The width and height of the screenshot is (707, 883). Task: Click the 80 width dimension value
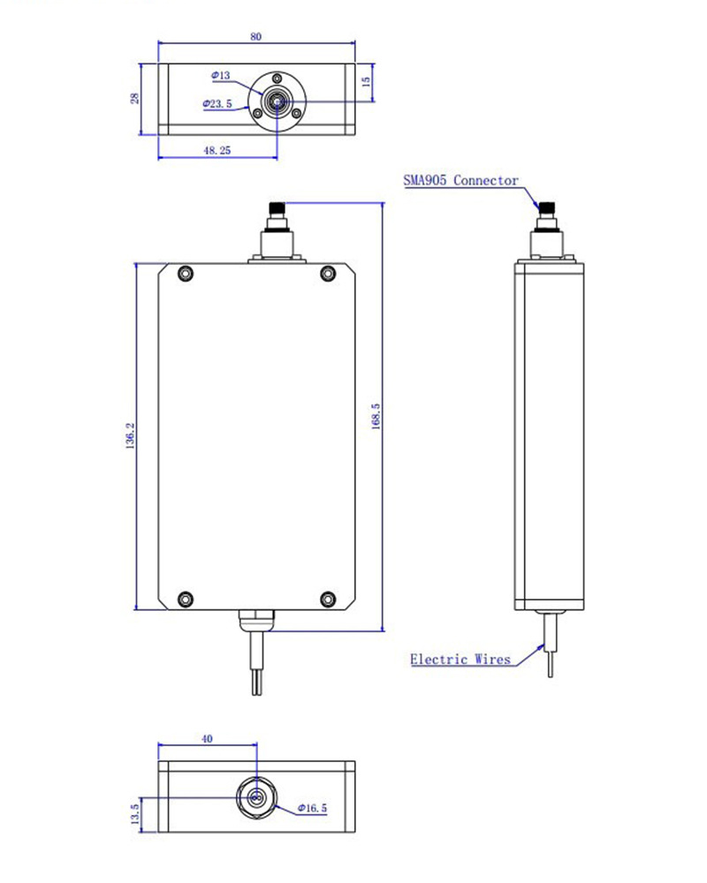pos(255,36)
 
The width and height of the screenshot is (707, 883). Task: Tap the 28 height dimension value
pos(135,97)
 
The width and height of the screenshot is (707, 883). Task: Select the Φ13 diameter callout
pos(221,76)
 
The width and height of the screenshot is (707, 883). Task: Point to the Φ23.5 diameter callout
pos(217,104)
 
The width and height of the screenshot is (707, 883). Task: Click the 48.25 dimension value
pos(217,151)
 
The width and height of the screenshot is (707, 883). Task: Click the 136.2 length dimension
pos(130,436)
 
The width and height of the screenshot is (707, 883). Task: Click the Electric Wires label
pos(460,660)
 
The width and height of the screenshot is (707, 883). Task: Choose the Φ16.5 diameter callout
pos(312,808)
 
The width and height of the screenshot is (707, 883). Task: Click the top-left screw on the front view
pos(186,273)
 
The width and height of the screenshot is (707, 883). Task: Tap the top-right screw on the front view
pos(327,273)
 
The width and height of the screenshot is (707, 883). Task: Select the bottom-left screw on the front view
pos(186,599)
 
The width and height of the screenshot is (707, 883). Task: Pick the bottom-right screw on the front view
pos(327,599)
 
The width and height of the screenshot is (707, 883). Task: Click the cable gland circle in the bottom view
pos(256,798)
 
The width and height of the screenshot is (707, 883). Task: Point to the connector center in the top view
pos(277,102)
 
